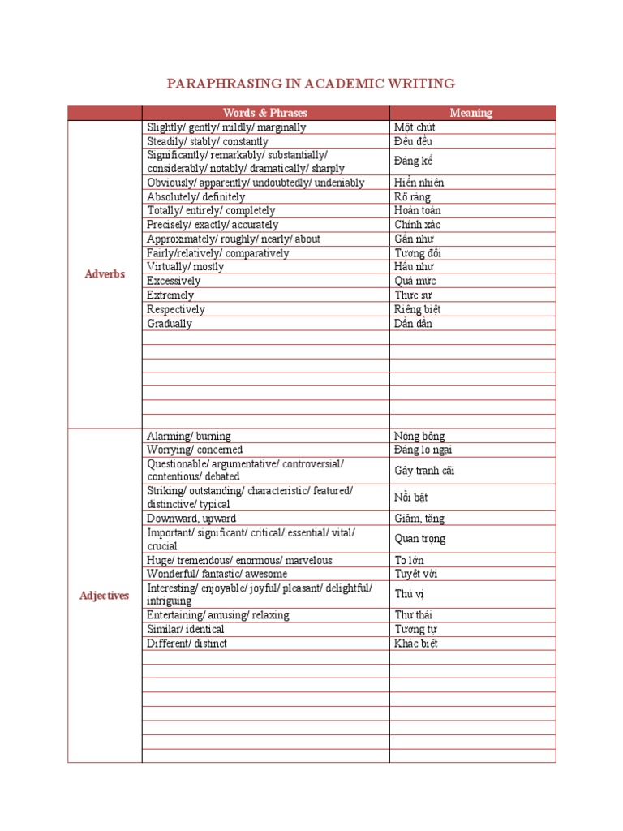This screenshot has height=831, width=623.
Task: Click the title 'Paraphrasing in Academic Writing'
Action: [311, 84]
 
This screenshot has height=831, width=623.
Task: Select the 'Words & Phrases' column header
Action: [265, 113]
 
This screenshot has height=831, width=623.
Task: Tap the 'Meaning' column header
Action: [471, 113]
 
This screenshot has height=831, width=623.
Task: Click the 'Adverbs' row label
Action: [105, 273]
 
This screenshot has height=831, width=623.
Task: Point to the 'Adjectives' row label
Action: [105, 596]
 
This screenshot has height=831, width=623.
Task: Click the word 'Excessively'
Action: [174, 281]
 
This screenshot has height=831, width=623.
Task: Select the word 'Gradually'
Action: [170, 323]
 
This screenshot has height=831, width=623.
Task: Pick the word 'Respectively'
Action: [176, 309]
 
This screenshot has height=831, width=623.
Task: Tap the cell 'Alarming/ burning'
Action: [189, 436]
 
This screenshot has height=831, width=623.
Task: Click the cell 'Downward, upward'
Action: [191, 518]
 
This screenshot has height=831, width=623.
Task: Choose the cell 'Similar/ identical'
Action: [186, 629]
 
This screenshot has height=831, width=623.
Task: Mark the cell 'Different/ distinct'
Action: [187, 644]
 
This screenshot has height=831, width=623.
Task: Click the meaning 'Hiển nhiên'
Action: [419, 183]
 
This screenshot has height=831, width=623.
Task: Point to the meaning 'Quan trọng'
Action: [420, 539]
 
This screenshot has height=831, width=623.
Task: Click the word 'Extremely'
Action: [170, 295]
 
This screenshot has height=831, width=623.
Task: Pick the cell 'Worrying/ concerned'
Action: [195, 450]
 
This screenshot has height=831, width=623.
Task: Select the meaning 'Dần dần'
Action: [414, 323]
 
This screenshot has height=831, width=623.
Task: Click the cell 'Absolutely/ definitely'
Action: [195, 196]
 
